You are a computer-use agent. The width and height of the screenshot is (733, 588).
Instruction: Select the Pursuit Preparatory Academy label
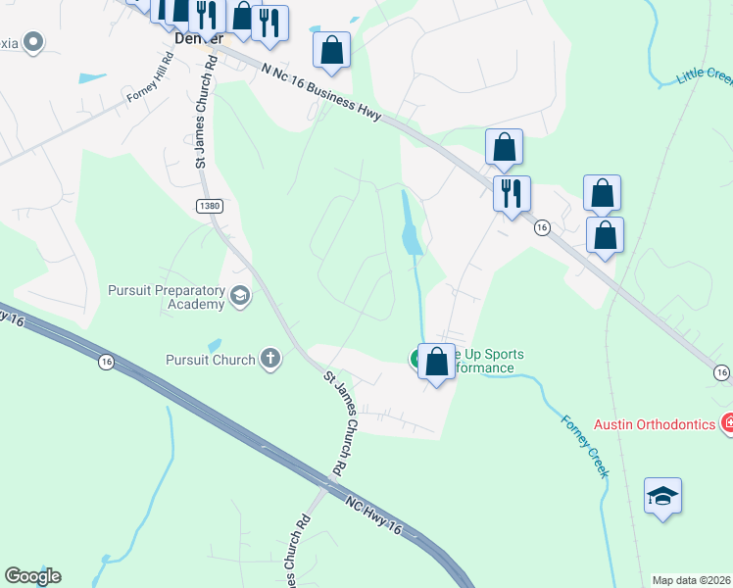(167, 297)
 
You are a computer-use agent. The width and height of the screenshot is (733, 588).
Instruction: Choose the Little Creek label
(706, 76)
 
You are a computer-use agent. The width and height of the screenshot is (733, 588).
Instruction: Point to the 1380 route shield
(209, 206)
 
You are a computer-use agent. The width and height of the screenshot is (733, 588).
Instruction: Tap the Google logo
(32, 576)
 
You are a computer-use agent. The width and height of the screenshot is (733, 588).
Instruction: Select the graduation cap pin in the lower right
(662, 498)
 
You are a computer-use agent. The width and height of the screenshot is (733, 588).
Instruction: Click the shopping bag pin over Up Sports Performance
(436, 362)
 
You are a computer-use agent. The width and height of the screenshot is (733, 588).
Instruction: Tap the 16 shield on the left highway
(105, 363)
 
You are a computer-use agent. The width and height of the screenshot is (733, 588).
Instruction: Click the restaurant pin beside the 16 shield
(512, 193)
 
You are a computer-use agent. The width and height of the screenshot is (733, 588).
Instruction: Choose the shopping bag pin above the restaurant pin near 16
(504, 147)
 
